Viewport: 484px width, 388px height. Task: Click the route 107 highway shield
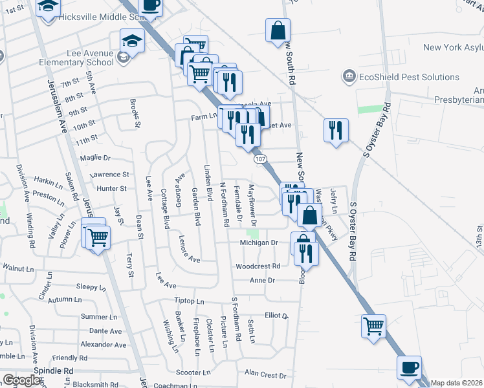[x=260, y=158]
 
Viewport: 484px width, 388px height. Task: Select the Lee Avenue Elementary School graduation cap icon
[x=132, y=41]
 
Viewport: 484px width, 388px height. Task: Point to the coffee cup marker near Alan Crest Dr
[x=408, y=369]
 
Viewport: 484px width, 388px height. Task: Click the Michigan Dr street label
[x=258, y=242]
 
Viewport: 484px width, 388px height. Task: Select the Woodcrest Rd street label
[x=258, y=266]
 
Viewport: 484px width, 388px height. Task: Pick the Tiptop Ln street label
[x=189, y=301]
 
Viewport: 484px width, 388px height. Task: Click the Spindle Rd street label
[x=55, y=371]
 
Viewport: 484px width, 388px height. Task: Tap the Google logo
[x=22, y=380]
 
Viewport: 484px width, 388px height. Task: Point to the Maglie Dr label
[x=95, y=158]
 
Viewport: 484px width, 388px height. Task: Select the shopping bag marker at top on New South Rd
[x=278, y=30]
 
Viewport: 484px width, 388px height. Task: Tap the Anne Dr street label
[x=263, y=281]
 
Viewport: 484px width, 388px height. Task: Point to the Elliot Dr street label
[x=276, y=316]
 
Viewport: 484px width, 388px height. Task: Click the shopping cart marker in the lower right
[x=373, y=326]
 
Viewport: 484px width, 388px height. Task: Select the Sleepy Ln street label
[x=85, y=286]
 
